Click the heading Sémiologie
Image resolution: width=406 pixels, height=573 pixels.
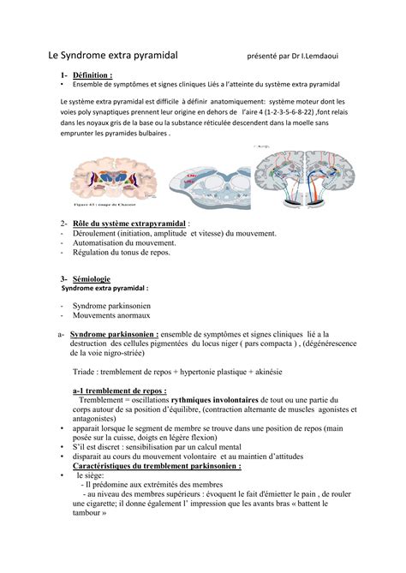coord(97,279)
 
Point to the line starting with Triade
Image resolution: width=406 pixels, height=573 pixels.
coord(179,373)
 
